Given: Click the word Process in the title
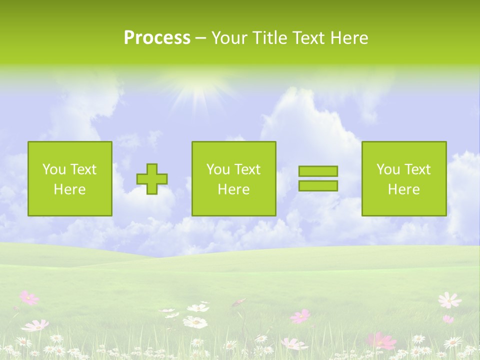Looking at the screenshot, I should pyautogui.click(x=157, y=38).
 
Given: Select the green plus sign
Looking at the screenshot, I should pyautogui.click(x=152, y=179).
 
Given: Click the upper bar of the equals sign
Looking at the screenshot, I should pyautogui.click(x=318, y=171).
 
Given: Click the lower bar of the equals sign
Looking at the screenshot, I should pyautogui.click(x=318, y=186).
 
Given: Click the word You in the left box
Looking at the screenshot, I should pyautogui.click(x=53, y=169).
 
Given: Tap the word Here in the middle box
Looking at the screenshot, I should pyautogui.click(x=234, y=189).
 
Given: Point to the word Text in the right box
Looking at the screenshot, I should pyautogui.click(x=417, y=169).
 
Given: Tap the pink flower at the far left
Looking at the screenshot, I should pyautogui.click(x=28, y=298).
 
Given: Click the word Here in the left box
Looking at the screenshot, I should pyautogui.click(x=70, y=189).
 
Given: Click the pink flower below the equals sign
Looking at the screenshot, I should pyautogui.click(x=300, y=316).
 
